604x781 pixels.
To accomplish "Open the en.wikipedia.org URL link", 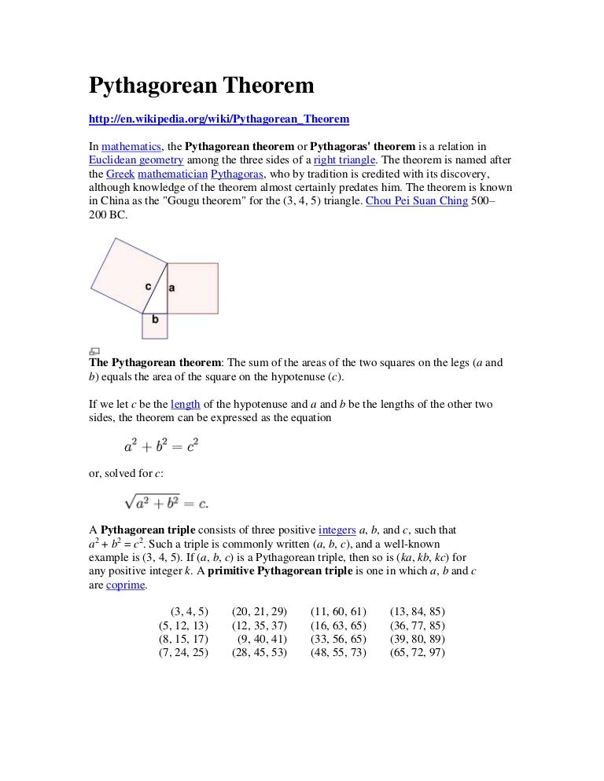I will pyautogui.click(x=218, y=119).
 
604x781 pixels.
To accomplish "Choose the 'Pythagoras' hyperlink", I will pyautogui.click(x=237, y=174).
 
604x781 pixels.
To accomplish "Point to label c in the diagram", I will pyautogui.click(x=149, y=286).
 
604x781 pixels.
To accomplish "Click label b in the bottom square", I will pyautogui.click(x=155, y=319).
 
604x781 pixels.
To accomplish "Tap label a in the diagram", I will pyautogui.click(x=171, y=288).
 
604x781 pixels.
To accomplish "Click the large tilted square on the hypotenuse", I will pyautogui.click(x=126, y=275).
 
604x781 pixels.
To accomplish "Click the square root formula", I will pyautogui.click(x=166, y=501).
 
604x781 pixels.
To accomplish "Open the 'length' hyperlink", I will pyautogui.click(x=186, y=404).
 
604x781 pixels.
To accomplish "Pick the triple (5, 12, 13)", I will pyautogui.click(x=183, y=625).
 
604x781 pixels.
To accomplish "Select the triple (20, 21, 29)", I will pyautogui.click(x=259, y=611).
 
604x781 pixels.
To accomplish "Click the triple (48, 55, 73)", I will pyautogui.click(x=338, y=652).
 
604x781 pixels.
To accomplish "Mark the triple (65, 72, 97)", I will pyautogui.click(x=417, y=652).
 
